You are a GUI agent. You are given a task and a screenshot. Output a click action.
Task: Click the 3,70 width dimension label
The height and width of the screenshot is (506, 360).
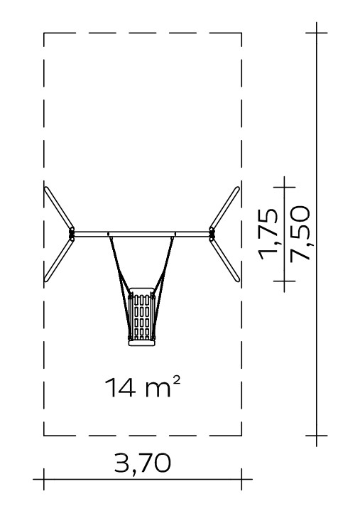pyautogui.click(x=143, y=464)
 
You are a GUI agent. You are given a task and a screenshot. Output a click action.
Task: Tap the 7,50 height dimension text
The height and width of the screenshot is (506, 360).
pyautogui.click(x=300, y=233)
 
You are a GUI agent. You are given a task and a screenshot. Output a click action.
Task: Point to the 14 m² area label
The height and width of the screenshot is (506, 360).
pyautogui.click(x=142, y=387)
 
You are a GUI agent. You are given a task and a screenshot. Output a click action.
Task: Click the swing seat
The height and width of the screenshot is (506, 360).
pyautogui.click(x=141, y=317)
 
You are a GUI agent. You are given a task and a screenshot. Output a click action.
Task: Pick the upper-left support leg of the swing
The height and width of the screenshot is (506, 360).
pyautogui.click(x=59, y=208)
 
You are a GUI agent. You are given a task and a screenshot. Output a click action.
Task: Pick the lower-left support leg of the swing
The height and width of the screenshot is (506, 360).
pyautogui.click(x=59, y=260)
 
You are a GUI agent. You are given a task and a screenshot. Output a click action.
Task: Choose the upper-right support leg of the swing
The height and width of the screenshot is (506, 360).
pyautogui.click(x=224, y=208)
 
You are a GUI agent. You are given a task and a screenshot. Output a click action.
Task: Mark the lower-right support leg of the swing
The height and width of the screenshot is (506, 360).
pyautogui.click(x=225, y=260)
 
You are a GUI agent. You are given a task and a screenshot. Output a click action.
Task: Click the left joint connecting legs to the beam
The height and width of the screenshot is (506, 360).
pyautogui.click(x=72, y=235)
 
